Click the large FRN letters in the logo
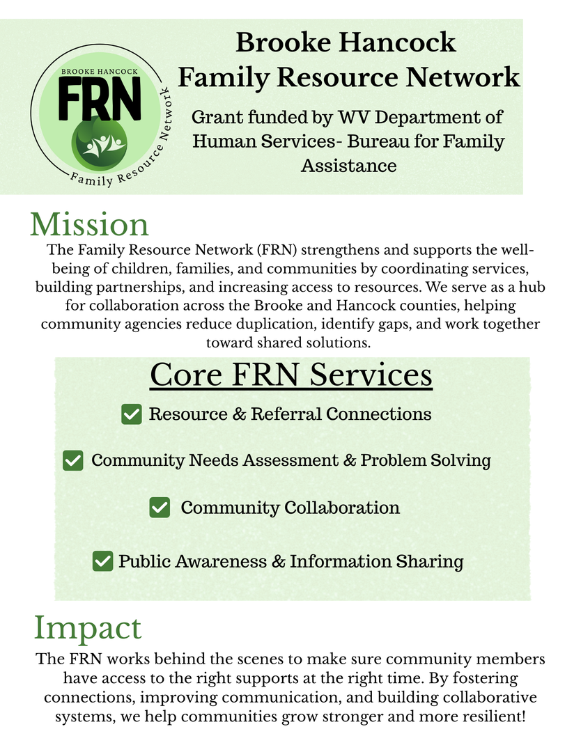tap(100, 97)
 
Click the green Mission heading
tap(89, 225)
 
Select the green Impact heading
tap(88, 627)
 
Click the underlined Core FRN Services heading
tap(291, 375)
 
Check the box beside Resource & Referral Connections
tap(132, 414)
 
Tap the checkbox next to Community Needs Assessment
tap(73, 460)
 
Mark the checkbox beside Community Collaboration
tap(160, 508)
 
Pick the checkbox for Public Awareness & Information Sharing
tap(103, 561)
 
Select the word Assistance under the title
tap(348, 166)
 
